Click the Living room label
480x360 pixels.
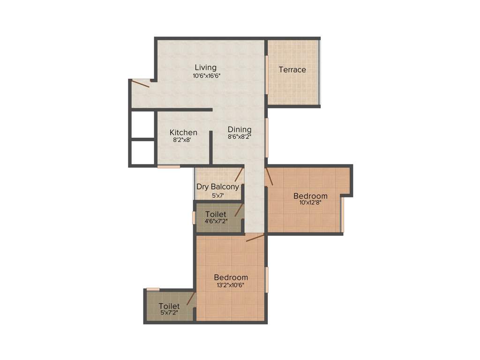click(206, 67)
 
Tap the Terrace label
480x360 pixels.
click(292, 70)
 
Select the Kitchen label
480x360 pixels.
click(183, 133)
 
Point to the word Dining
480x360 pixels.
click(240, 129)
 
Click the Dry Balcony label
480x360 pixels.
click(217, 187)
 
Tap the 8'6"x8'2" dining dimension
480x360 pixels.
click(240, 137)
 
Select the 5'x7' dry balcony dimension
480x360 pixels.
click(217, 196)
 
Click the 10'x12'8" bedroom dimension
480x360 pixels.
click(310, 203)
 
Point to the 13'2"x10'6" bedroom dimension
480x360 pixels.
click(231, 285)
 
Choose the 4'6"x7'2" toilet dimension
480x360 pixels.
click(216, 221)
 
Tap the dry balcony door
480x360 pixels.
click(239, 175)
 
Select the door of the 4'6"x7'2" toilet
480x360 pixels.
click(240, 210)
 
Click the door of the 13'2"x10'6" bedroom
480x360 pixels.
click(255, 238)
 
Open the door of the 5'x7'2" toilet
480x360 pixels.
click(191, 299)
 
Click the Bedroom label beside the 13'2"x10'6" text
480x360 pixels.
click(231, 277)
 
